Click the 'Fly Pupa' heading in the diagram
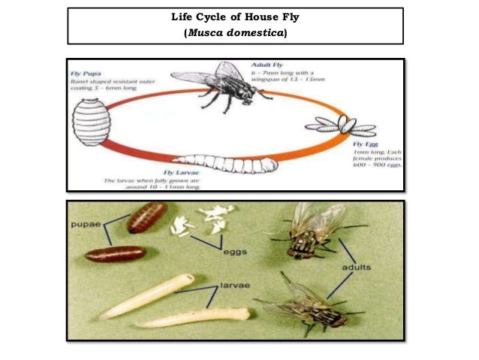click(86, 74)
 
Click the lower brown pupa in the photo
click(115, 254)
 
